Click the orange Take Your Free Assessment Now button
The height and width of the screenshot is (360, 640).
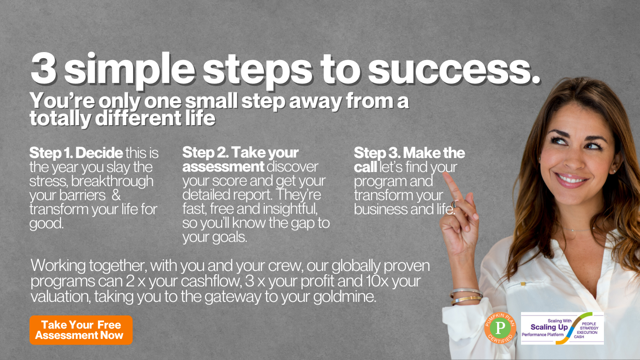coord(81,330)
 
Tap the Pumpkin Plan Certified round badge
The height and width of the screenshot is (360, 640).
coord(500,328)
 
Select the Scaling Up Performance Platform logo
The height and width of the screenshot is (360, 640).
coord(562,328)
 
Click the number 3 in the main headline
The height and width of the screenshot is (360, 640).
coord(44,68)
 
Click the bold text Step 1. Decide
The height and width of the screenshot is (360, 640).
coord(76,153)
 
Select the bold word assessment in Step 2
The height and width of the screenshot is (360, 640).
coord(223,167)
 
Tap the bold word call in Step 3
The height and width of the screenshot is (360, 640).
coord(365,167)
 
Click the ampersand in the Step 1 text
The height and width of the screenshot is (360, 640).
coord(116,195)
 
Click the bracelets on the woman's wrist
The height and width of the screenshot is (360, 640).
coord(466,296)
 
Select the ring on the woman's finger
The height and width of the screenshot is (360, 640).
coord(454,204)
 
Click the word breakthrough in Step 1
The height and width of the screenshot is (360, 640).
coord(112,181)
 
